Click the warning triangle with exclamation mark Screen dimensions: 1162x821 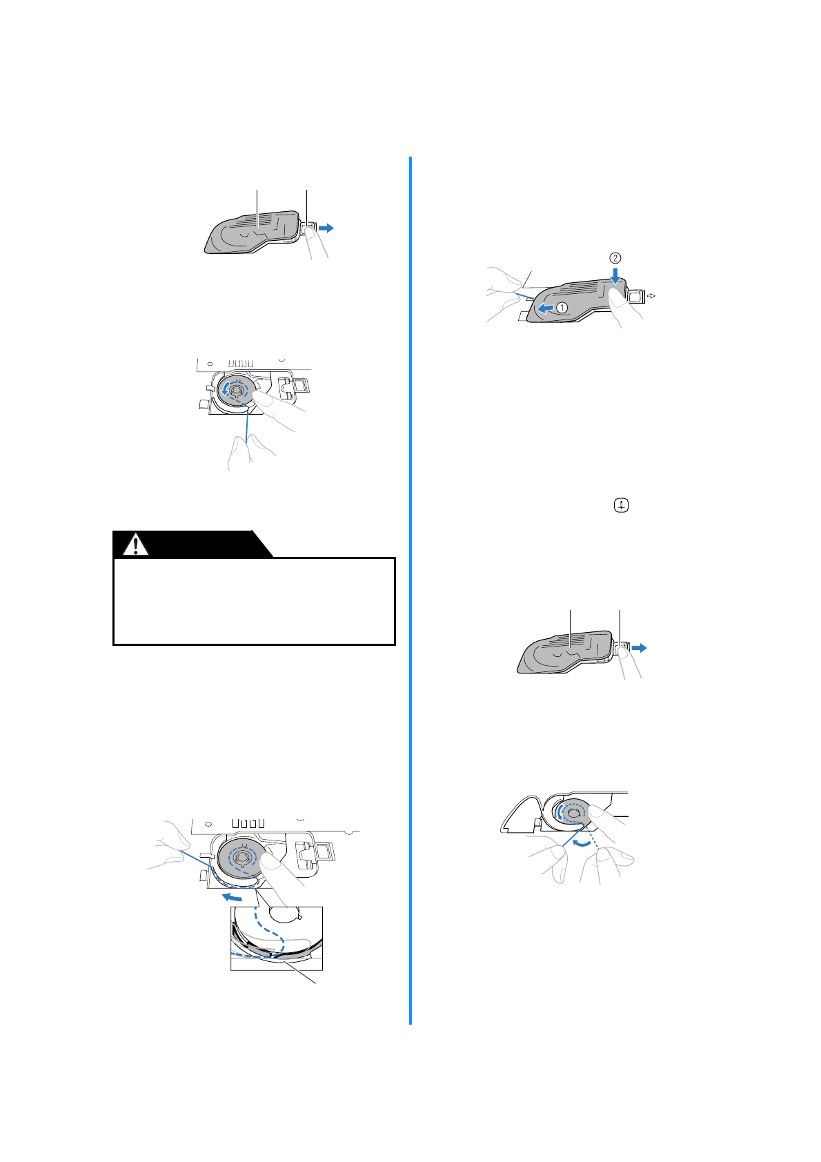pyautogui.click(x=136, y=544)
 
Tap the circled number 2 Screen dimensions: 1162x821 pyautogui.click(x=615, y=258)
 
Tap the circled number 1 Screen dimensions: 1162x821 pyautogui.click(x=562, y=308)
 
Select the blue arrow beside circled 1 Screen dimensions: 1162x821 pyautogui.click(x=546, y=307)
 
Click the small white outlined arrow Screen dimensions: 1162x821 pyautogui.click(x=652, y=296)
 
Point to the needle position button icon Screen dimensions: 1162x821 pyautogui.click(x=622, y=506)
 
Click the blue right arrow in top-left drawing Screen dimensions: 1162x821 pyautogui.click(x=326, y=228)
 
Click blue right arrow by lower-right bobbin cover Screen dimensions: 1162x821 pyautogui.click(x=640, y=648)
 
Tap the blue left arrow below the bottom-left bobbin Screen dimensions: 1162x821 pyautogui.click(x=232, y=897)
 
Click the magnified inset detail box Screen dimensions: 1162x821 pyautogui.click(x=277, y=938)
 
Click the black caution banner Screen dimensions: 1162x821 pyautogui.click(x=193, y=544)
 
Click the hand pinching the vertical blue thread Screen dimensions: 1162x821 pyautogui.click(x=248, y=451)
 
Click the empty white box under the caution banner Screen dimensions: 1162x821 pyautogui.click(x=254, y=601)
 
